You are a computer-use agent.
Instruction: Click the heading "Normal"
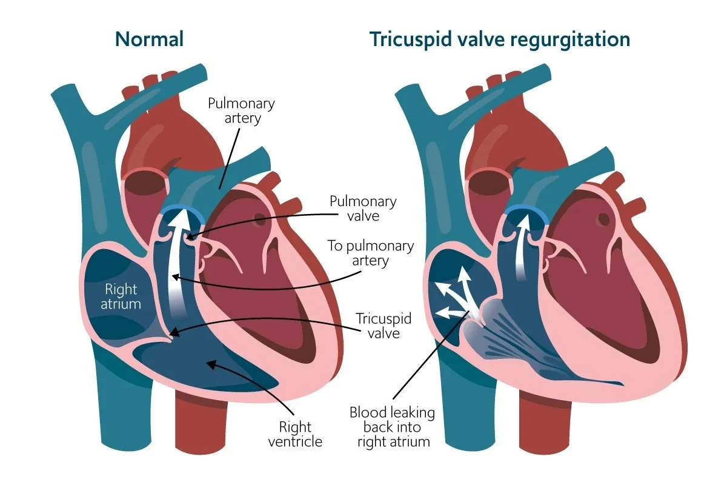(149, 40)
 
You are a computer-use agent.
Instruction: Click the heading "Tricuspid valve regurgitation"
(500, 40)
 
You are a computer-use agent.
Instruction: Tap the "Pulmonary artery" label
(241, 110)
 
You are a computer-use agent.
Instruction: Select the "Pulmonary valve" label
(362, 209)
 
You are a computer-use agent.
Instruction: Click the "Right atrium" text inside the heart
(122, 296)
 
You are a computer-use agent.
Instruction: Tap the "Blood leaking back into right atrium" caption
(393, 427)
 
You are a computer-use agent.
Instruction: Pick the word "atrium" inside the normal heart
(122, 304)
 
